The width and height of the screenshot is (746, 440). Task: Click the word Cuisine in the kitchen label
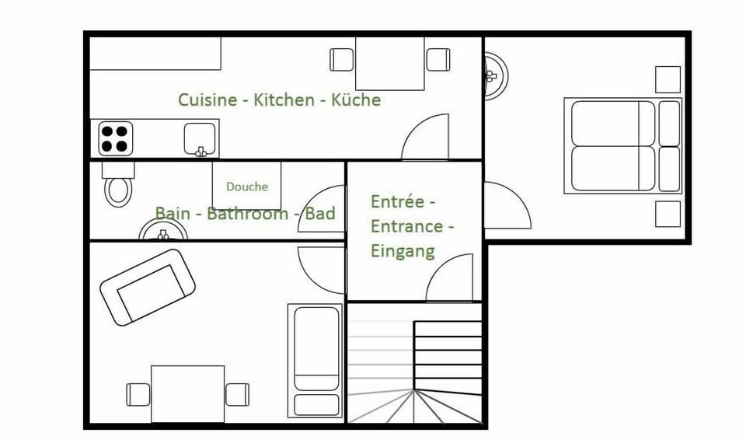click(207, 100)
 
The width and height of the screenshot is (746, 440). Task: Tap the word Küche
click(356, 100)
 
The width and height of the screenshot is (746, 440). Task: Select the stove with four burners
click(114, 138)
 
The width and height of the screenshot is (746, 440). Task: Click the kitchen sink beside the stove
click(200, 139)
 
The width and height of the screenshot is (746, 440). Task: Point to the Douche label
click(247, 187)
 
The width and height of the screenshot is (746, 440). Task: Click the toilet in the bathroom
click(118, 187)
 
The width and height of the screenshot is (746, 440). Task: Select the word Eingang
click(403, 251)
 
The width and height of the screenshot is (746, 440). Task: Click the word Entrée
click(398, 201)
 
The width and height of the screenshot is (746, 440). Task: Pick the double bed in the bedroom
click(622, 146)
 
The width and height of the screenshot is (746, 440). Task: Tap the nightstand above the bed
click(668, 79)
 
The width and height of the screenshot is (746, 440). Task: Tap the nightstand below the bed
click(668, 213)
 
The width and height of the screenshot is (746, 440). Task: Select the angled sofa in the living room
click(147, 286)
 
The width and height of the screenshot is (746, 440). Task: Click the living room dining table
click(187, 393)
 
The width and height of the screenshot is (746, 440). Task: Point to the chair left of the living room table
click(138, 394)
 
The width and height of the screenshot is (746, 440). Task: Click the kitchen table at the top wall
click(390, 64)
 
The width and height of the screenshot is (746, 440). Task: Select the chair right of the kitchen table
click(437, 60)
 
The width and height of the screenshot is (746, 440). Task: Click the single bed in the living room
click(315, 360)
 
